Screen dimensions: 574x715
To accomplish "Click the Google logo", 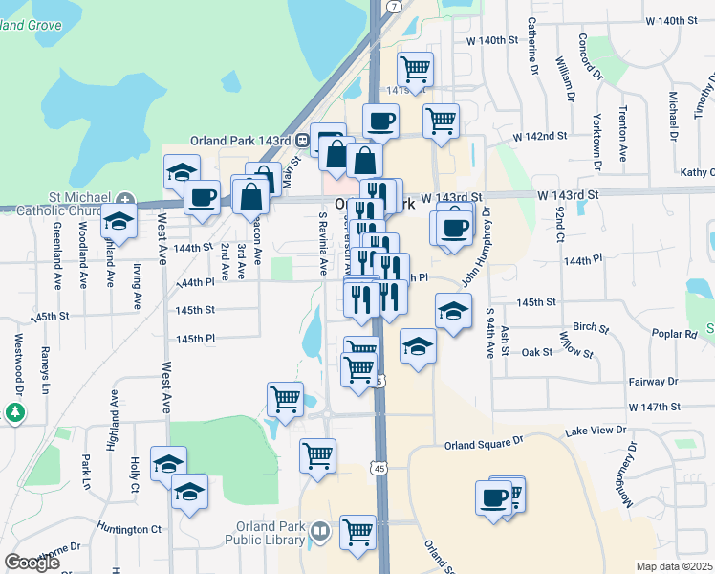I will tap(32, 563).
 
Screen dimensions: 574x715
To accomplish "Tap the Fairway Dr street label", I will tap(653, 381).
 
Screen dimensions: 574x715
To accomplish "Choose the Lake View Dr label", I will tap(597, 431).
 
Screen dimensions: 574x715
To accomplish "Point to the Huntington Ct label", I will tap(130, 529).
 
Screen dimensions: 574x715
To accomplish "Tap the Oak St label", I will tap(537, 352).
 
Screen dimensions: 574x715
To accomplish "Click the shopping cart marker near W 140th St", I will tap(415, 68).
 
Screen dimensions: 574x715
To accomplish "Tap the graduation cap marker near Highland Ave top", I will tap(119, 222).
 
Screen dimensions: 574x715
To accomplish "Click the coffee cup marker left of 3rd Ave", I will tap(201, 197).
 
